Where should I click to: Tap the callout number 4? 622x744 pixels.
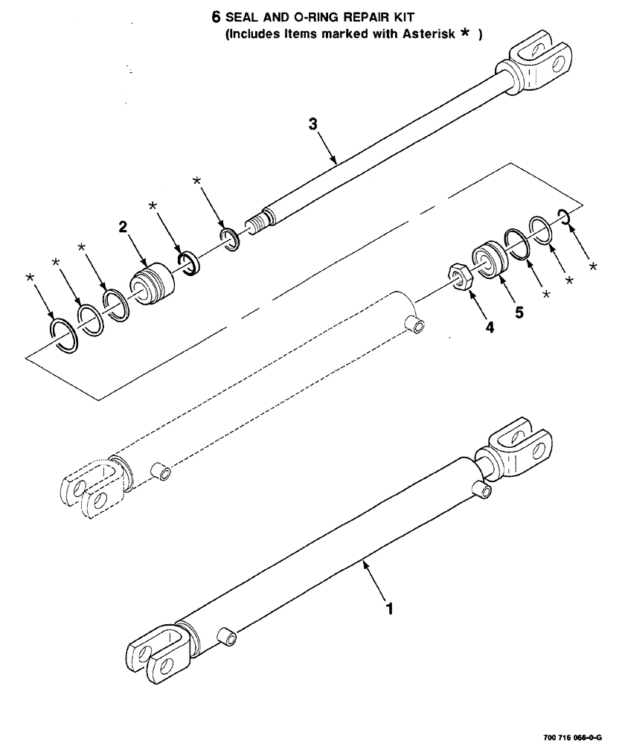[x=488, y=326]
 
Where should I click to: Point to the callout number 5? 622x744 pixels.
[x=519, y=312]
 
